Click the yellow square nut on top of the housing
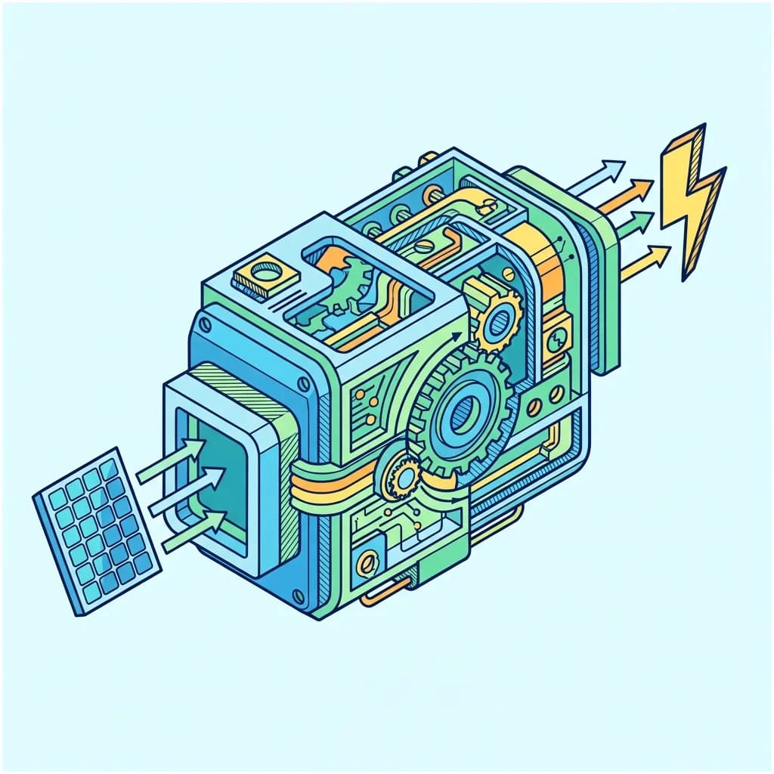click(262, 274)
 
